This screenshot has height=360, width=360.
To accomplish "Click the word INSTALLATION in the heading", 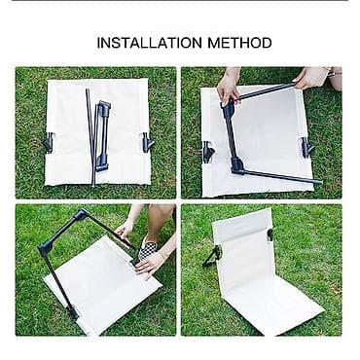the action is pos(150,43).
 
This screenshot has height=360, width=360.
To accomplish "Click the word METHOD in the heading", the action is pos(240,43).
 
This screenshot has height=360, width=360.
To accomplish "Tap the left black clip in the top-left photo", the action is pos(49,143).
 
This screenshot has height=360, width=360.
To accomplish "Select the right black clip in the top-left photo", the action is pos(148,142).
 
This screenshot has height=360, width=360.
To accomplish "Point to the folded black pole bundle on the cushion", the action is pos(98,136).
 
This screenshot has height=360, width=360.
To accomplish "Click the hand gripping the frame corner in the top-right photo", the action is pos(229,89).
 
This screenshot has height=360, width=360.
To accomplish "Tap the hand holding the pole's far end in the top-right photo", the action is pos(312,77).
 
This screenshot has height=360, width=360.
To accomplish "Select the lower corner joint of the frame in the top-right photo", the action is pos(237,165).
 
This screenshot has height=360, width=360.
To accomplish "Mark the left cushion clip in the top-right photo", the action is pos(208,152).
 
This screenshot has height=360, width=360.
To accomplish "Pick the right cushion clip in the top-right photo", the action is pos(306,147).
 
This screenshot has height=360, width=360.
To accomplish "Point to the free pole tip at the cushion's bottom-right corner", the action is pos(318,182).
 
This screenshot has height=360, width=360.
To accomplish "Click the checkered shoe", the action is pos(149,248).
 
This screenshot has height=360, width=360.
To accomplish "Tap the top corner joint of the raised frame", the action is pos(81,214).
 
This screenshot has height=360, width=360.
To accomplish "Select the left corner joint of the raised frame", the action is pos(46,248).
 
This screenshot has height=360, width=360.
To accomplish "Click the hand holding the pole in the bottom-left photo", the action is pos(125,229).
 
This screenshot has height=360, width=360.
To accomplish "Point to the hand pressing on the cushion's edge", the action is pos(150,264).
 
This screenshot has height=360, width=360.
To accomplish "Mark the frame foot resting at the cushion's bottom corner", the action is pos(73,312).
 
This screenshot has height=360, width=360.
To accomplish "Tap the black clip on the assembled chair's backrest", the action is pos(270,235).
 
